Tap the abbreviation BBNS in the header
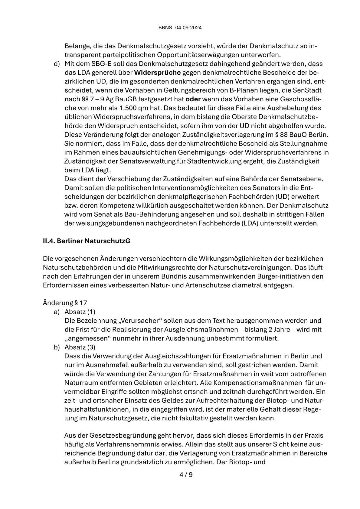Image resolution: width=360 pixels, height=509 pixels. pos(165,28)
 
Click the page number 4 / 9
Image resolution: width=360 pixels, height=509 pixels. pos(186,475)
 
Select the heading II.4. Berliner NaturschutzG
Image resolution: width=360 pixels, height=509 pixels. pos(87,241)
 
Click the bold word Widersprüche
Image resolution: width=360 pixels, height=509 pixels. pos(157,73)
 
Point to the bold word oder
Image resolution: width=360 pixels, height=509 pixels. pos(193,99)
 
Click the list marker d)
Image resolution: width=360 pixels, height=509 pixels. pos(57,64)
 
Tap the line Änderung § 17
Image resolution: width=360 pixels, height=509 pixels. pos(65,303)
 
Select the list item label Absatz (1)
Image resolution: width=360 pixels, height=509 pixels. pos(80,312)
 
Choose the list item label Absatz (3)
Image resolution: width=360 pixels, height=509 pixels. pos(80,347)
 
